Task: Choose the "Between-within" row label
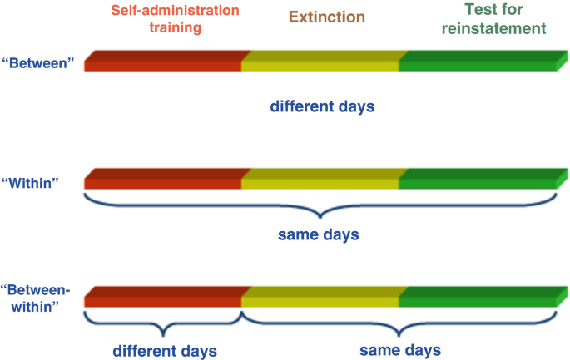(37, 298)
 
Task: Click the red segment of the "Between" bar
(163, 62)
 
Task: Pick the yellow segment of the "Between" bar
(320, 62)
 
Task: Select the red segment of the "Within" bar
(163, 180)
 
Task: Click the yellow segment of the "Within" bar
(320, 180)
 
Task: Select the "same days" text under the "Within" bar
(319, 235)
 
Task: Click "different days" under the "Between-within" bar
(164, 350)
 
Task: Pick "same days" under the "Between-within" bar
(400, 349)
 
